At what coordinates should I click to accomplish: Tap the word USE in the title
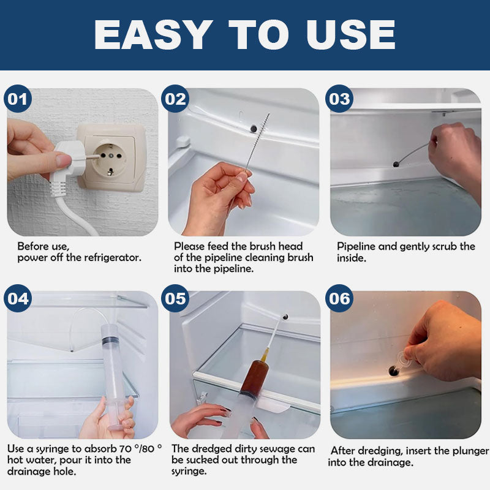(x=351, y=34)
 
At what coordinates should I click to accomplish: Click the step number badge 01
(x=18, y=99)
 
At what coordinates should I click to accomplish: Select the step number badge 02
(x=175, y=99)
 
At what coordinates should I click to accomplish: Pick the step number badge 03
(x=339, y=99)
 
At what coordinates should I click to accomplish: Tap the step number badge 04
(x=18, y=298)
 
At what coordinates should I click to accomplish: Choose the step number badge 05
(x=175, y=298)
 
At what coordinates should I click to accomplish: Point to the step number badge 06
(x=339, y=298)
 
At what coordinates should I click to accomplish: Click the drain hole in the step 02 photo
(x=254, y=129)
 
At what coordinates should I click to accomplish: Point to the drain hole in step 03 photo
(x=396, y=164)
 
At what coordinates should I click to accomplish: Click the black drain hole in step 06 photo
(x=394, y=371)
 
